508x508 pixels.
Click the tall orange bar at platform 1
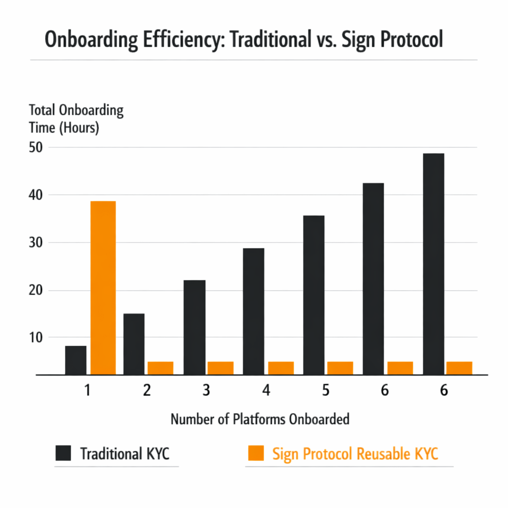pyautogui.click(x=103, y=288)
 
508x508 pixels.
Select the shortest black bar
pyautogui.click(x=75, y=360)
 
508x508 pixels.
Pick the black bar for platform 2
pyautogui.click(x=134, y=344)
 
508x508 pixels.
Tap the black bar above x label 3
pyautogui.click(x=194, y=327)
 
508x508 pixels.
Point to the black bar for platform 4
pyautogui.click(x=254, y=312)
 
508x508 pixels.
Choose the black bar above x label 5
pyautogui.click(x=314, y=295)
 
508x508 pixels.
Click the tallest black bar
pyautogui.click(x=433, y=264)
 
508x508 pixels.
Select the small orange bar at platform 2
pyautogui.click(x=160, y=368)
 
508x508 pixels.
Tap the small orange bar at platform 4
pyautogui.click(x=281, y=368)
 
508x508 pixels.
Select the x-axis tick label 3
pyautogui.click(x=206, y=390)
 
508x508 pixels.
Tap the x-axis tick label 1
pyautogui.click(x=87, y=390)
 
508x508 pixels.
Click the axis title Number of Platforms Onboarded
pyautogui.click(x=260, y=419)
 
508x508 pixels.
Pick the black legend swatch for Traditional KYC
pyautogui.click(x=63, y=453)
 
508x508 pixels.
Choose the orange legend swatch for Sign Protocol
pyautogui.click(x=255, y=453)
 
